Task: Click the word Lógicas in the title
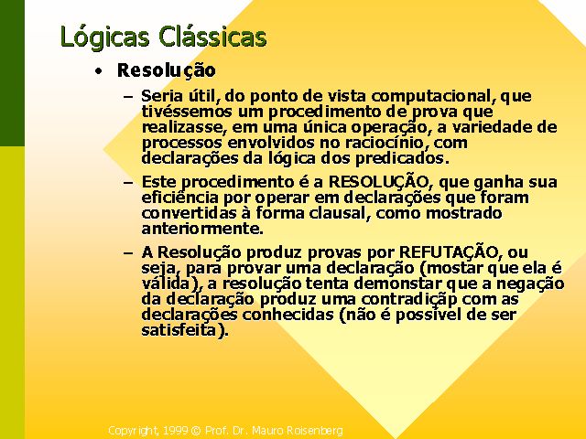point(105,37)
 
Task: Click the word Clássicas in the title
point(212,37)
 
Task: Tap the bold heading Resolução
point(167,70)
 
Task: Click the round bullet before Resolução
point(98,71)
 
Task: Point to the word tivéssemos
point(187,112)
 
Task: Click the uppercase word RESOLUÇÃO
point(378,181)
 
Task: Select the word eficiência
point(179,198)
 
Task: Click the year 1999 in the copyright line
point(175,431)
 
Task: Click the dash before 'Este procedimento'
point(128,183)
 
